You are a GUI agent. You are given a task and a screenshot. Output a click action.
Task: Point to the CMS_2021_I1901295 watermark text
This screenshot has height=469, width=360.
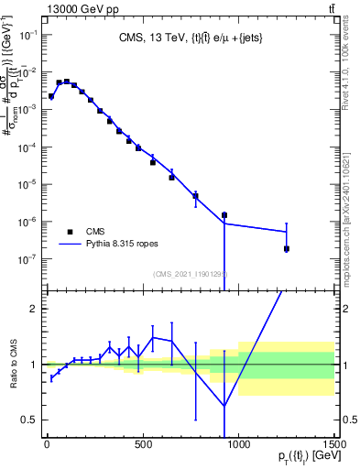[x=191, y=273]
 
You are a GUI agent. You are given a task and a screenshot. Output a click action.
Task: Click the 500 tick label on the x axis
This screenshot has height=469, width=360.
[x=143, y=445]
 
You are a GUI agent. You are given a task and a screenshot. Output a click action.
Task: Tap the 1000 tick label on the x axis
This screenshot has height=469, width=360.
[x=238, y=445]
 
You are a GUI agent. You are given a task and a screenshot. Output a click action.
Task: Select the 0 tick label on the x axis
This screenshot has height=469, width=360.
[x=47, y=445]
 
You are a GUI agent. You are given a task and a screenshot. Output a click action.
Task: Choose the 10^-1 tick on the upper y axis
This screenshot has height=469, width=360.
[x=29, y=34]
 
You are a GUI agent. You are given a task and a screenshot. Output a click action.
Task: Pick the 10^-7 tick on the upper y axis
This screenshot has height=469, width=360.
[x=29, y=259]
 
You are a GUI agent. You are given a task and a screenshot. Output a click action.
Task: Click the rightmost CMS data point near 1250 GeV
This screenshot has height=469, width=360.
[x=287, y=248]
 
